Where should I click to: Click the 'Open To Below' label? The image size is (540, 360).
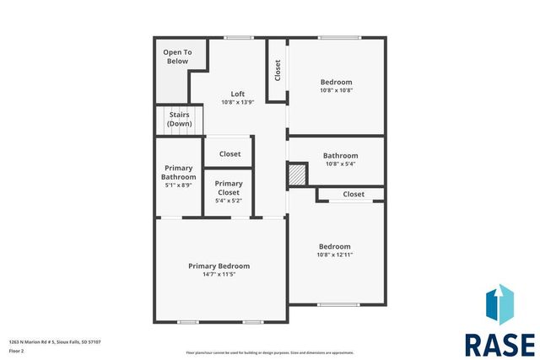click(177, 56)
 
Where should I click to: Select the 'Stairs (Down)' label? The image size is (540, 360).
click(179, 119)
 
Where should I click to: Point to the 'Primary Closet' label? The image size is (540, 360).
click(229, 188)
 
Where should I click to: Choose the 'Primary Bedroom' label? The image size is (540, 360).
click(219, 266)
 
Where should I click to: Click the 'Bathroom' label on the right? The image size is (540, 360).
click(340, 155)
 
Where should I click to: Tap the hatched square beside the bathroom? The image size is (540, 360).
click(296, 174)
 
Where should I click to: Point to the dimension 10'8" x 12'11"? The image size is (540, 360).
click(335, 255)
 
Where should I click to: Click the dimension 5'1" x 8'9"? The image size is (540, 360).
click(178, 185)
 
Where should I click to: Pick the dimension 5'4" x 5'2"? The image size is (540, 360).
click(229, 201)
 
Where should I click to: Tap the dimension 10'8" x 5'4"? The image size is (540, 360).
click(340, 164)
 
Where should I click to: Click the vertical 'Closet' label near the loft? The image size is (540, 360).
click(278, 70)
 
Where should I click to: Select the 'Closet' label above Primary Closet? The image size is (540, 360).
click(229, 154)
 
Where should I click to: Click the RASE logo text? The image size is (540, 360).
click(499, 344)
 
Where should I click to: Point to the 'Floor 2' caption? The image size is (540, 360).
click(17, 350)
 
